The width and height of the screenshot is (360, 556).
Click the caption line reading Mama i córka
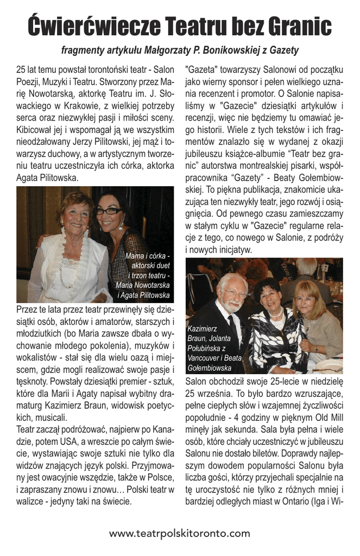(147, 256)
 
